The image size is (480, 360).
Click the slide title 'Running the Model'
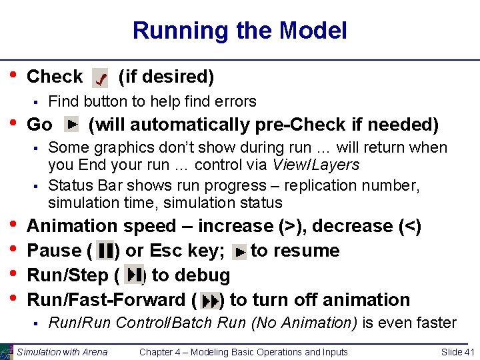click(x=239, y=31)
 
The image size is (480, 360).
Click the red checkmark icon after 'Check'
click(x=100, y=79)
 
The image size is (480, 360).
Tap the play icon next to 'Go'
click(x=71, y=124)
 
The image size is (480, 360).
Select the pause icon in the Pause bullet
click(x=105, y=251)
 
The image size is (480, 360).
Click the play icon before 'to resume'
click(x=239, y=252)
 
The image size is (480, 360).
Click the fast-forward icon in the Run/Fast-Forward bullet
click(x=210, y=301)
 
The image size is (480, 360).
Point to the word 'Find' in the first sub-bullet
click(x=63, y=102)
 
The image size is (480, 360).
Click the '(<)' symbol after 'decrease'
click(x=409, y=226)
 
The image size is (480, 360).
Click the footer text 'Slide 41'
click(x=458, y=352)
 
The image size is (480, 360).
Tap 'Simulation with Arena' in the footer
click(x=62, y=352)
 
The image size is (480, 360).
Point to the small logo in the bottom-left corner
click(x=7, y=351)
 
